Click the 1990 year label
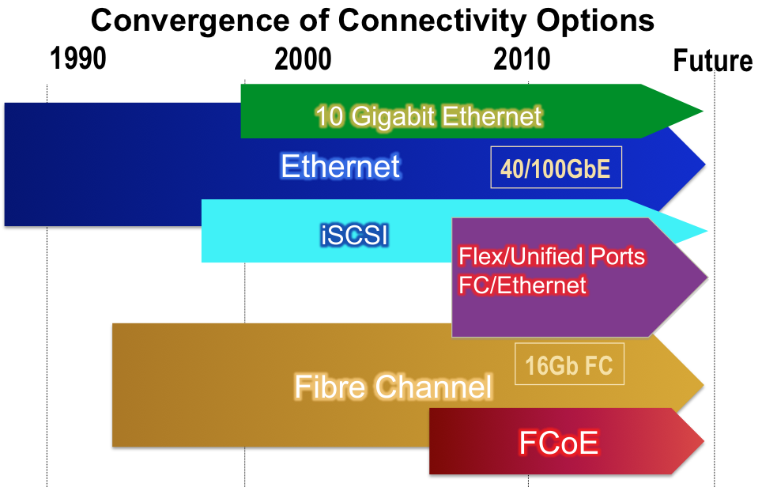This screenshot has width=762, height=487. [78, 59]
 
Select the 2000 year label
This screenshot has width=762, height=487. [303, 59]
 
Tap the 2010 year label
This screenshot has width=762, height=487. [522, 59]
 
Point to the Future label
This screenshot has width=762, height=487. [713, 61]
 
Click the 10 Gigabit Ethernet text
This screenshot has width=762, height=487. [428, 117]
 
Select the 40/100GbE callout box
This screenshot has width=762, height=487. [556, 167]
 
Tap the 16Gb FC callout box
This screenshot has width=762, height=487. [569, 364]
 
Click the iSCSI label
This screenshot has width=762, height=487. [355, 236]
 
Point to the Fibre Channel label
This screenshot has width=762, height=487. [393, 387]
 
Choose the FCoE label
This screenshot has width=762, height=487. [558, 443]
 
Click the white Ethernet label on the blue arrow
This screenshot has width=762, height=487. [340, 166]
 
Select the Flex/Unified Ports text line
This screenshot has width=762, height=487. [552, 257]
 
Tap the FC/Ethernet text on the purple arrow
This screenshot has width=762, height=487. [522, 285]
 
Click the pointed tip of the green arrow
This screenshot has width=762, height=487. [703, 111]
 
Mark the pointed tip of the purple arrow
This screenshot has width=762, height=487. [707, 278]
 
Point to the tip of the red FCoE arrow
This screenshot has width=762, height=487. [704, 441]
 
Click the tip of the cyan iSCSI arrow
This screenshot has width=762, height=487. [707, 231]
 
